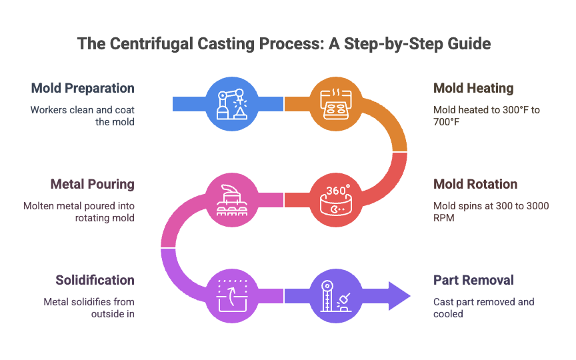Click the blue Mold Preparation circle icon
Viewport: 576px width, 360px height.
232,104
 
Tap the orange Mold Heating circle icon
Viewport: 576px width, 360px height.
336,104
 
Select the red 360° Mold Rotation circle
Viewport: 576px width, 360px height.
336,200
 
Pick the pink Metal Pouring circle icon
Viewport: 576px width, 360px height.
232,200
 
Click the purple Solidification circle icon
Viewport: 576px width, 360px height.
232,296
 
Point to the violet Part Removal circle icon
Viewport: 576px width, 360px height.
336,296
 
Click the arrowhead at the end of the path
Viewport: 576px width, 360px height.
399,296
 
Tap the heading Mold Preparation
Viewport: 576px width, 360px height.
83,89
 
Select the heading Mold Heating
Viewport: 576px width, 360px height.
473,89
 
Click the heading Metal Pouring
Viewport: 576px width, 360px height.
92,185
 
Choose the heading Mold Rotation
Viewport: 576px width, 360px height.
475,185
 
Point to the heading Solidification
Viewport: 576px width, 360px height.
95,280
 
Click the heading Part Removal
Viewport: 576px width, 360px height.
473,280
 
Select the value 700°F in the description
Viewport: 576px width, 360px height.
446,122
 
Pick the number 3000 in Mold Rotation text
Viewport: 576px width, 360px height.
538,206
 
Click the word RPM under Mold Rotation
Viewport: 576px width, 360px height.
444,218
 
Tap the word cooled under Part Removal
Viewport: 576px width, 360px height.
448,314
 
